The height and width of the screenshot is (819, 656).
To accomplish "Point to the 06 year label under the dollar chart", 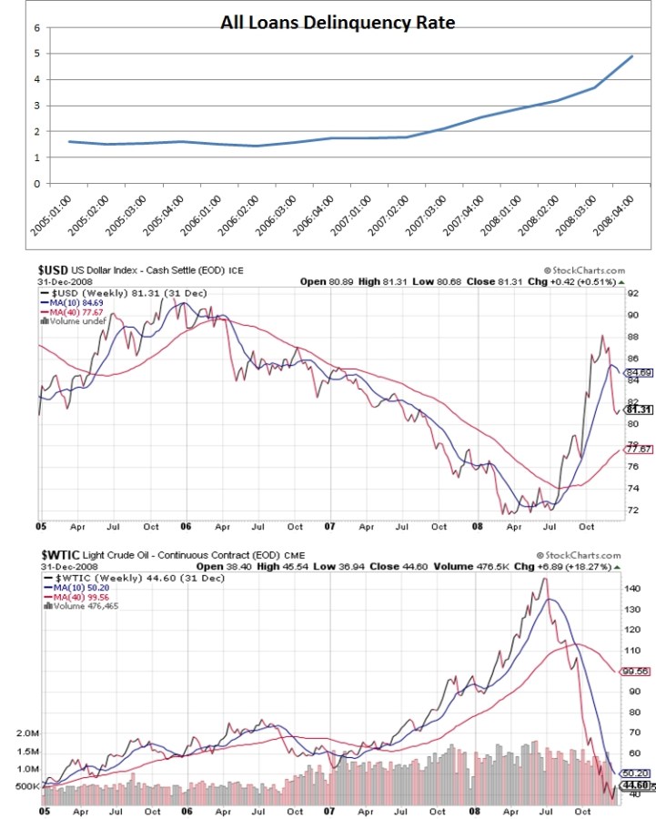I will click(187, 526).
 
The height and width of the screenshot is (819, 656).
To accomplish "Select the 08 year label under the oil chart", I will click(474, 810).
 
